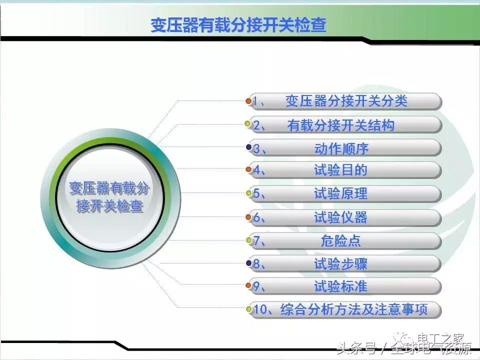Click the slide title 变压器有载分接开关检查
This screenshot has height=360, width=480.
[238, 25]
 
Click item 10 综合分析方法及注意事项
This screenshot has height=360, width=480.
[345, 309]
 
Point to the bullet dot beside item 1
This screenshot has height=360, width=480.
[248, 101]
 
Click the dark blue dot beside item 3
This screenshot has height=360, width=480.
[248, 147]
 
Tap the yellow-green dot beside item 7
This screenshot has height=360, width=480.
[248, 240]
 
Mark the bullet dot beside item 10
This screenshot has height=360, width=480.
[248, 309]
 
